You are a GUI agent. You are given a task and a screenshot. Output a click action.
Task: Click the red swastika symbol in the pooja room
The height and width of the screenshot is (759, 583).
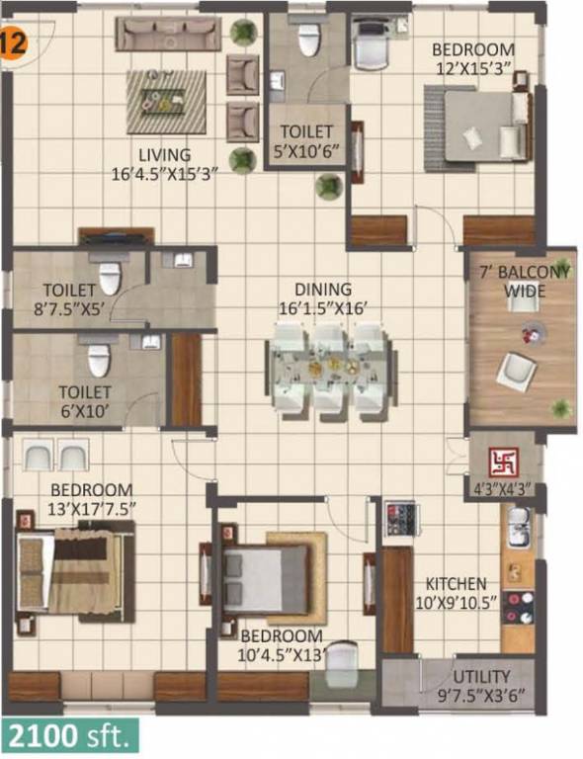tap(504, 462)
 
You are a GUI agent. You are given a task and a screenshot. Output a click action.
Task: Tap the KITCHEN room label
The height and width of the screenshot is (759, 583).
tap(456, 583)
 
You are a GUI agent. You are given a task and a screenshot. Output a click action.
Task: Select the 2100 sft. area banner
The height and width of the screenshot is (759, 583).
tap(70, 736)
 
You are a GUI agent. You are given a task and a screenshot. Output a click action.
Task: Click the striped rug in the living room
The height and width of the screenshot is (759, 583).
tap(167, 101)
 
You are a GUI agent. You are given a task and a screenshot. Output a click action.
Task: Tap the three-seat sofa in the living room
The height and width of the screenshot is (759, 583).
tap(168, 34)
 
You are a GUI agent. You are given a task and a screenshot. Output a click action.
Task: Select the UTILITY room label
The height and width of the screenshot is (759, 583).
tap(481, 676)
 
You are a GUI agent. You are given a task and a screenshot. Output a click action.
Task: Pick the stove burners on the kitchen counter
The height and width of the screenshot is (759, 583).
tap(517, 607)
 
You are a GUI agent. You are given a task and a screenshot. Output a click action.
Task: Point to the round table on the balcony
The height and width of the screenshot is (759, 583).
tap(535, 333)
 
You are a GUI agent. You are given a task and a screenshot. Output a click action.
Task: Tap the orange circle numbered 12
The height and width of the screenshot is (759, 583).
tap(13, 43)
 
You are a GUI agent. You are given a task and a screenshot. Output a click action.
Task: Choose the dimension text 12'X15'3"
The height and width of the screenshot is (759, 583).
tap(473, 68)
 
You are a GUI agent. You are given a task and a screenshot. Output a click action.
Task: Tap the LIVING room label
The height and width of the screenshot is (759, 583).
tap(164, 155)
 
